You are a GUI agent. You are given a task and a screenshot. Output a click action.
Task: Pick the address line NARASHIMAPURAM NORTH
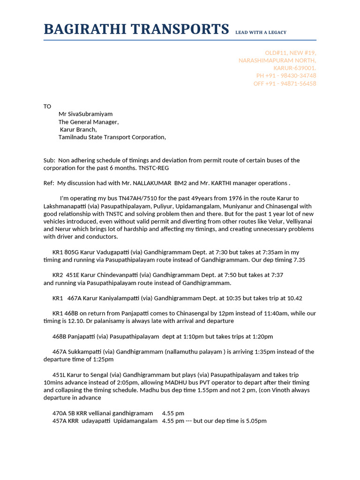pos(277,60)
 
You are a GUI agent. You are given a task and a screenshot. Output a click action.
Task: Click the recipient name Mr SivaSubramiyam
pos(85,114)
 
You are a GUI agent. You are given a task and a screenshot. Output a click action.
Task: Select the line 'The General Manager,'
pos(89,122)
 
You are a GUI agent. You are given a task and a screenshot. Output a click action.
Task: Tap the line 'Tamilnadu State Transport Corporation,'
pos(112,137)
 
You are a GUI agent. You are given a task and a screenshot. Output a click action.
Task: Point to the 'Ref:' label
pos(49,183)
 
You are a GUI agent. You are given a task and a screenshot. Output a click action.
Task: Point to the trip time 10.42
pos(293,298)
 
